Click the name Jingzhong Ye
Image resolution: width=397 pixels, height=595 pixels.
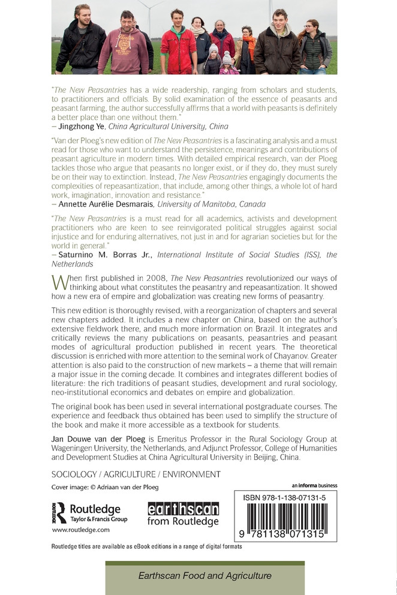point(82,126)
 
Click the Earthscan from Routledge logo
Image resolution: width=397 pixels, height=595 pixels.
point(183,514)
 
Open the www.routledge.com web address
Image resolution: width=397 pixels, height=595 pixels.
point(80,530)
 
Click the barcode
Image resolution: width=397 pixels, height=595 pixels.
point(285,518)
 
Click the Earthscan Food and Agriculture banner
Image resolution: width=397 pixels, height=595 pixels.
point(204,576)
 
